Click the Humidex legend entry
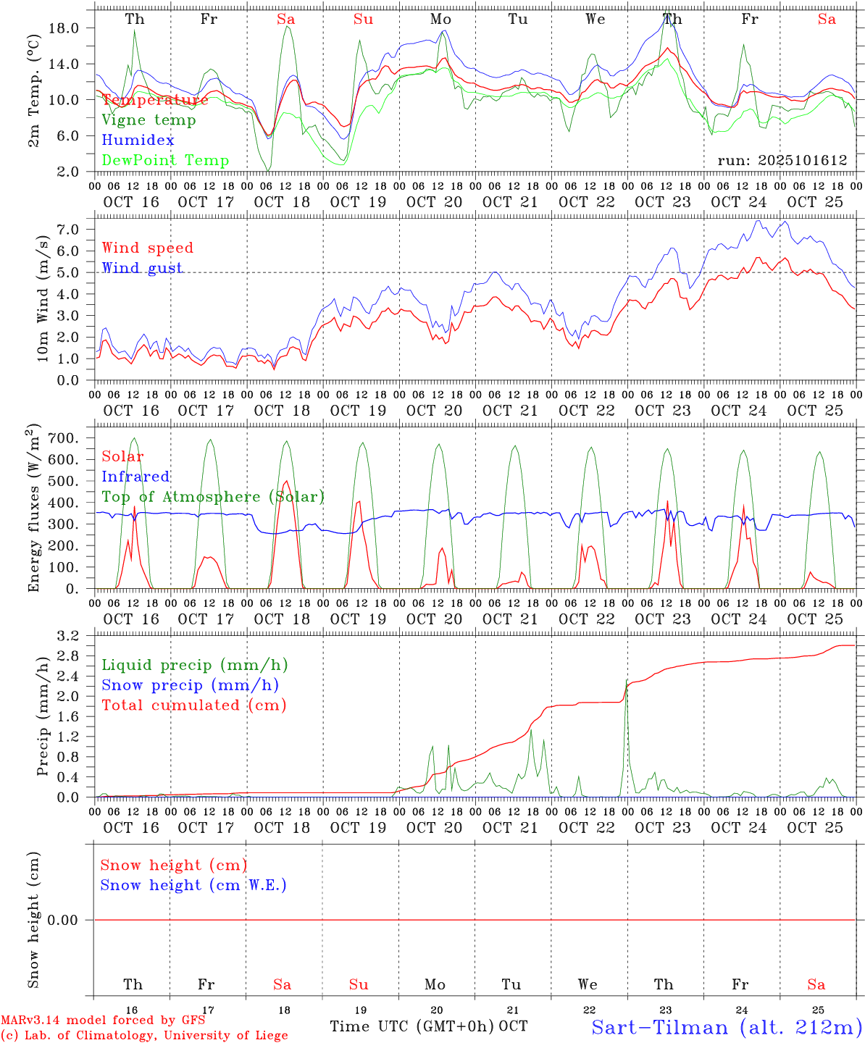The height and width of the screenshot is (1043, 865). coord(138,141)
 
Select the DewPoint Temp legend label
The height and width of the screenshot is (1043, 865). coord(165,161)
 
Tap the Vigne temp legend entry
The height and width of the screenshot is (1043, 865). coord(149,120)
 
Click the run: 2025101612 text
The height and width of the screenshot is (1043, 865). coord(782,161)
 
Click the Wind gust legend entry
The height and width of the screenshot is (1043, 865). coord(142,268)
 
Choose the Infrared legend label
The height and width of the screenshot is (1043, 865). coord(135,477)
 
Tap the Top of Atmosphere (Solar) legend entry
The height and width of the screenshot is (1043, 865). coord(213,497)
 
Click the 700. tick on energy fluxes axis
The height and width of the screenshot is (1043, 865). coord(64,438)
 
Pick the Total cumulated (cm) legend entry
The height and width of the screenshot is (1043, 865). coord(194,705)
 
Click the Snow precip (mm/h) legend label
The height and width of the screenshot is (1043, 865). coord(190,685)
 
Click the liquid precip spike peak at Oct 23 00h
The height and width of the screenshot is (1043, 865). coord(627,680)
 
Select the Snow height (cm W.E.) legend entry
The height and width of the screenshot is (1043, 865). coord(193,885)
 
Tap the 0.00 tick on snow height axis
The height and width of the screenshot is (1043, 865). coord(63,921)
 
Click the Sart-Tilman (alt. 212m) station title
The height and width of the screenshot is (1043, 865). coord(726,1027)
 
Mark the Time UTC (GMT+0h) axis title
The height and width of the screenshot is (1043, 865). coord(411,1026)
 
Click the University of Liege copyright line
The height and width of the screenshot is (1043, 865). coord(144,1036)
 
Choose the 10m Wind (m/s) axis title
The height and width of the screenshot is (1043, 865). coord(43,298)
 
